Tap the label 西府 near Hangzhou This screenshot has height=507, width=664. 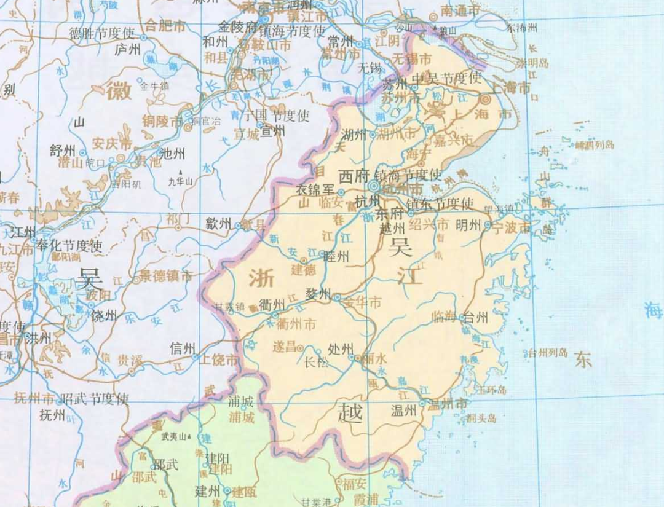[352, 176]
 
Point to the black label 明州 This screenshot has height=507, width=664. [468, 226]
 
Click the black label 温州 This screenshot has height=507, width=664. [403, 411]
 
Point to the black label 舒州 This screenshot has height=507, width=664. [63, 151]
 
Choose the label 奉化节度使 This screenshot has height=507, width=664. [69, 246]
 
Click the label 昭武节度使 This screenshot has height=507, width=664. [95, 398]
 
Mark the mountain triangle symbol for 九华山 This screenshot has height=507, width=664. [180, 173]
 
